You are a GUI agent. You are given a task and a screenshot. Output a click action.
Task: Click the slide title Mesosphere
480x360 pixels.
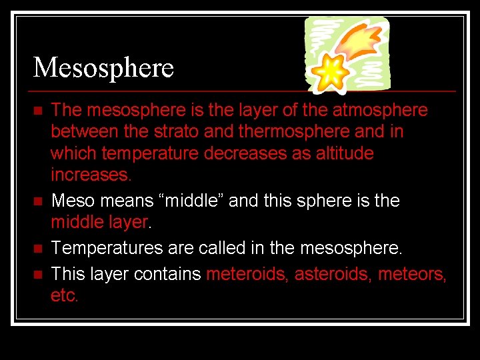[x=103, y=67]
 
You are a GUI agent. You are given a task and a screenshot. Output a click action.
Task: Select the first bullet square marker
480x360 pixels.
[x=37, y=110]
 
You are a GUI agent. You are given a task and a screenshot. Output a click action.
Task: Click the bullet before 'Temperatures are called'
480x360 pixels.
[x=37, y=249]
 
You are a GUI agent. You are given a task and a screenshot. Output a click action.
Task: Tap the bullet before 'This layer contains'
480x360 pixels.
[x=37, y=273]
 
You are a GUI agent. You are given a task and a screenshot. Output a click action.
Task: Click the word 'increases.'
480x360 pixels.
[x=91, y=175]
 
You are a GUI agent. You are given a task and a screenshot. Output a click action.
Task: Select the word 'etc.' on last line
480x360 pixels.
[x=65, y=295]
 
